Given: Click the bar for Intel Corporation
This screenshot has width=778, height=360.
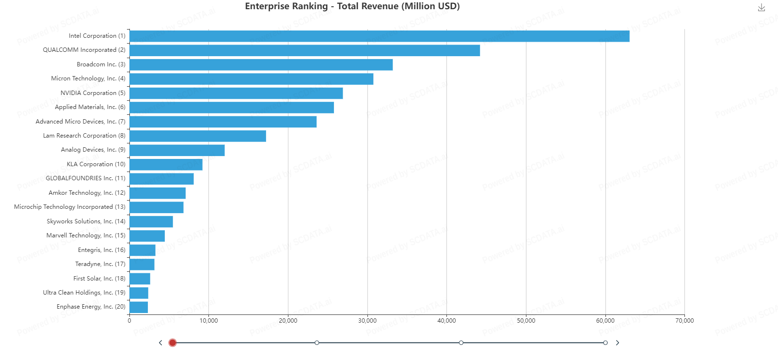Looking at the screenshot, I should coord(379,36).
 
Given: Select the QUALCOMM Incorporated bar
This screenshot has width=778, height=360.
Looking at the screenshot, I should coord(304,50).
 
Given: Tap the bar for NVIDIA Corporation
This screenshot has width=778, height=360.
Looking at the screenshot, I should coord(236,93).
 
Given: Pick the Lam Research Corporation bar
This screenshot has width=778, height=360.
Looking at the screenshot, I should coord(198,136).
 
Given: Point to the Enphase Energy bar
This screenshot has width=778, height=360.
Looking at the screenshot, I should coord(139,307).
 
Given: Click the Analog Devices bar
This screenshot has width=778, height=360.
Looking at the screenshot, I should coord(177,150).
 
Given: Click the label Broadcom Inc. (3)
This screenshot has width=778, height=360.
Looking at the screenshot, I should coord(101,64).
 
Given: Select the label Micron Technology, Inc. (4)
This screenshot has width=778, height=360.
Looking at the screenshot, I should coord(88,78).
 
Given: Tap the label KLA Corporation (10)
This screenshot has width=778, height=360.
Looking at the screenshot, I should coord(96,164).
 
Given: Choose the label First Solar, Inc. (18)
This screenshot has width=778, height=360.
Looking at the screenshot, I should coord(99,279).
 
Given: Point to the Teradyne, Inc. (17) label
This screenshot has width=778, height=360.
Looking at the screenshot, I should coord(100,264).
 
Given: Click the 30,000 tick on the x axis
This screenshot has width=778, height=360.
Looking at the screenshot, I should coord(367,321).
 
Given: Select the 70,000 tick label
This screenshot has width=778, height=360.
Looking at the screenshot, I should coord(684,321).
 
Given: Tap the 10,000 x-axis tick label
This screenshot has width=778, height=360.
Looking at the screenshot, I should coord(209,321).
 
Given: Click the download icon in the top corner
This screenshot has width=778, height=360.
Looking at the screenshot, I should coord(762,8).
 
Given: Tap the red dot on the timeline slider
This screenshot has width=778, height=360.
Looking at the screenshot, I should coord(173,343).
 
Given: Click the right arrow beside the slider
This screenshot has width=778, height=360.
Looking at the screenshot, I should coord(618,343).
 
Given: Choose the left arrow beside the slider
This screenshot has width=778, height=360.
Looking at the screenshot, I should coord(160,343).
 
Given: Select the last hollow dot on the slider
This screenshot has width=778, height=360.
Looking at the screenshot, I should coord(605,343).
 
